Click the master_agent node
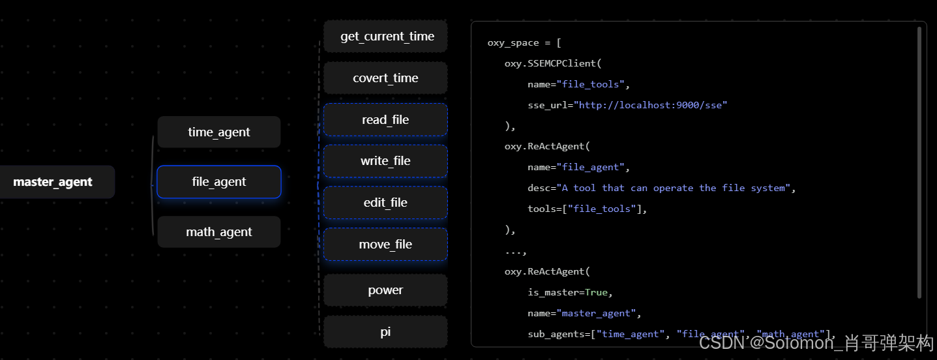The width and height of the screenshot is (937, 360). pos(53,182)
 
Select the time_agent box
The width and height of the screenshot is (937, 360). pos(219,132)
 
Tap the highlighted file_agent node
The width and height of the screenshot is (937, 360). pos(219,182)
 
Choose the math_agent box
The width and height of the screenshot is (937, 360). pos(219,232)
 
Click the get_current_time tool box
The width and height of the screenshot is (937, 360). pos(386,37)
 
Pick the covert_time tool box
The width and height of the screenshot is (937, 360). pos(386,78)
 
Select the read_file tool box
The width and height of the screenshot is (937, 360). pos(386,120)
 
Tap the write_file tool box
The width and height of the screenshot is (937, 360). pos(386,161)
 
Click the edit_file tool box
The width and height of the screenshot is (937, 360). pos(386,203)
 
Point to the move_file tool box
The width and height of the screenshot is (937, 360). pos(386,245)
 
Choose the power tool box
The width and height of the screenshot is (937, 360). pos(386,290)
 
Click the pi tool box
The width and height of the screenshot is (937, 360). pos(386,332)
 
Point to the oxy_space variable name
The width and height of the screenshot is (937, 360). pos(513,43)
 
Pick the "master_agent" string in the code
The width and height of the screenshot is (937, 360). pos(599,313)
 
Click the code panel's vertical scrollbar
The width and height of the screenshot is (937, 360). pos(919,163)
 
